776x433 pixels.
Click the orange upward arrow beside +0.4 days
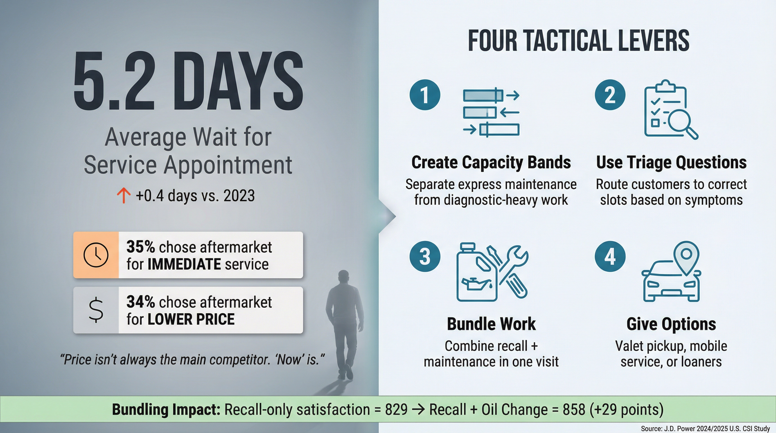tap(124, 195)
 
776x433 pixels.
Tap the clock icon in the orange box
tap(96, 255)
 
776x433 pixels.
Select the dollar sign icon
tap(96, 310)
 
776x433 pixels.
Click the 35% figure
tap(140, 247)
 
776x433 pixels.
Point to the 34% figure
tap(140, 302)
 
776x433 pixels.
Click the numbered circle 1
tap(425, 95)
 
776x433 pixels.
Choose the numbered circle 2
tap(610, 95)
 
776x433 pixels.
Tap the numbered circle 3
tap(425, 257)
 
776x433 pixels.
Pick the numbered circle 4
tap(610, 257)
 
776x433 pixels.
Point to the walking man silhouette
tap(345, 322)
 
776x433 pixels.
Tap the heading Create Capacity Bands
tap(491, 163)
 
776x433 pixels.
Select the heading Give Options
tap(671, 324)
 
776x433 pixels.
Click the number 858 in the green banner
tap(574, 410)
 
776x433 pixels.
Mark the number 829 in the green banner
tap(396, 410)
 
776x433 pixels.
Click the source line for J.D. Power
tap(705, 428)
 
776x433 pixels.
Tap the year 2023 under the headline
tap(239, 196)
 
